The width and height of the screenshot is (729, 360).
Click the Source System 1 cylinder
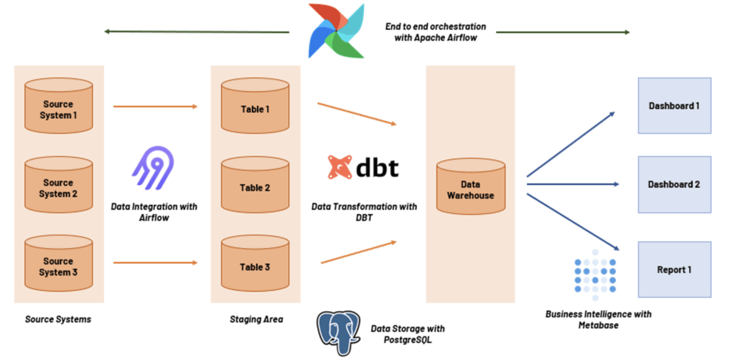click(x=58, y=109)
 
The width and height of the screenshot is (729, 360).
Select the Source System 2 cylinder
click(x=58, y=188)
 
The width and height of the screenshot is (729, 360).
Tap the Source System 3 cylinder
click(x=58, y=266)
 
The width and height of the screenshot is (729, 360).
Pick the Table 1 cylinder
click(x=255, y=109)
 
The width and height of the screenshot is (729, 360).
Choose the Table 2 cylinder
click(x=255, y=188)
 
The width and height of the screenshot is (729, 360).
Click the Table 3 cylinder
click(x=255, y=266)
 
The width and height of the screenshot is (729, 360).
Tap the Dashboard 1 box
click(x=674, y=106)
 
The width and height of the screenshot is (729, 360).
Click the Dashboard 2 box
click(x=674, y=184)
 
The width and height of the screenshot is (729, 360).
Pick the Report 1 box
click(x=674, y=270)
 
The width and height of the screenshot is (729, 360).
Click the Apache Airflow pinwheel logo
click(x=335, y=31)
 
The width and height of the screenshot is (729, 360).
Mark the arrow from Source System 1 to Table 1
click(x=154, y=107)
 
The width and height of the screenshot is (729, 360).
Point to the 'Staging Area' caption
click(x=256, y=319)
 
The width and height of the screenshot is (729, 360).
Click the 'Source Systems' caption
click(x=58, y=319)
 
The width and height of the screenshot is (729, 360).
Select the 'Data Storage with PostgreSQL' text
click(x=408, y=334)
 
